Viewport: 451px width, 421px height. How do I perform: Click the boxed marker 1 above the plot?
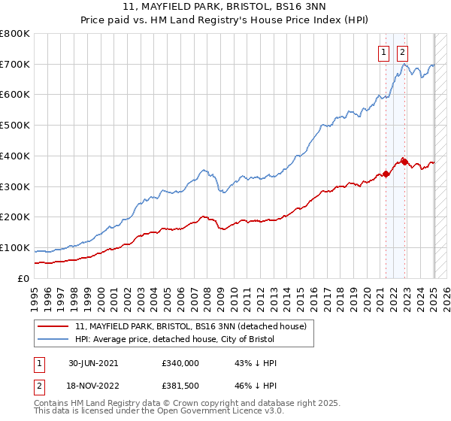pyautogui.click(x=383, y=52)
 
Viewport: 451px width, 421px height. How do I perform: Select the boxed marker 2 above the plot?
pyautogui.click(x=403, y=52)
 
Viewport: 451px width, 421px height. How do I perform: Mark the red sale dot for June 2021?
pyautogui.click(x=386, y=174)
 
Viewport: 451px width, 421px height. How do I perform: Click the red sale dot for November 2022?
pyautogui.click(x=404, y=161)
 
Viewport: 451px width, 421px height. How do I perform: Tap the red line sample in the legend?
pyautogui.click(x=53, y=327)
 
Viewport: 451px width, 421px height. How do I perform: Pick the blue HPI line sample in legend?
pyautogui.click(x=53, y=340)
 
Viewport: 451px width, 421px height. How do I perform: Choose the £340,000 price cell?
pyautogui.click(x=180, y=362)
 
